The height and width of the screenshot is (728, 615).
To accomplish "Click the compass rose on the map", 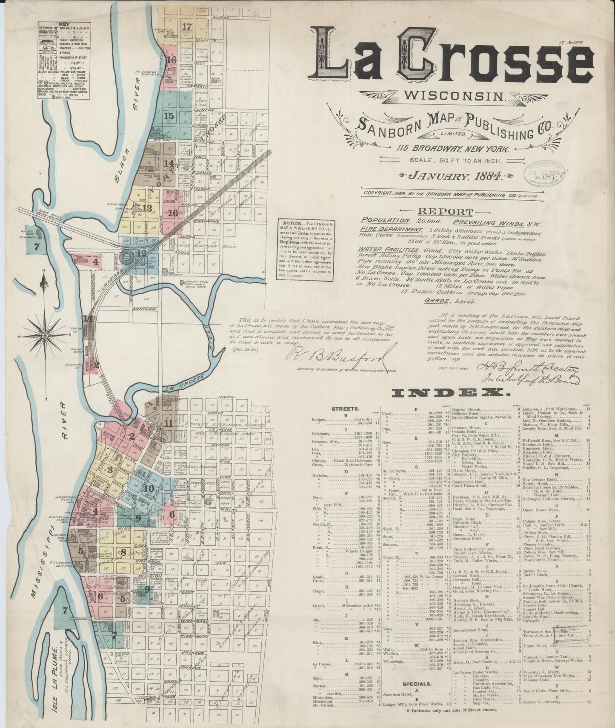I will (44, 336).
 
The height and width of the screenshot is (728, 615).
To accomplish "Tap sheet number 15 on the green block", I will (169, 116).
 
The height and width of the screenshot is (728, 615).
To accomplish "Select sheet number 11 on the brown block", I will (169, 423).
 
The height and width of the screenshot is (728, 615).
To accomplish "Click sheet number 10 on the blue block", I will (149, 489).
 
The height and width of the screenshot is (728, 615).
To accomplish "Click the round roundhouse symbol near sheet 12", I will (127, 256).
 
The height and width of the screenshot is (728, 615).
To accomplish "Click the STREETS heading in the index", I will (345, 409).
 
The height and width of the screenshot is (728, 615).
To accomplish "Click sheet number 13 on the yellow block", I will (147, 208).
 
